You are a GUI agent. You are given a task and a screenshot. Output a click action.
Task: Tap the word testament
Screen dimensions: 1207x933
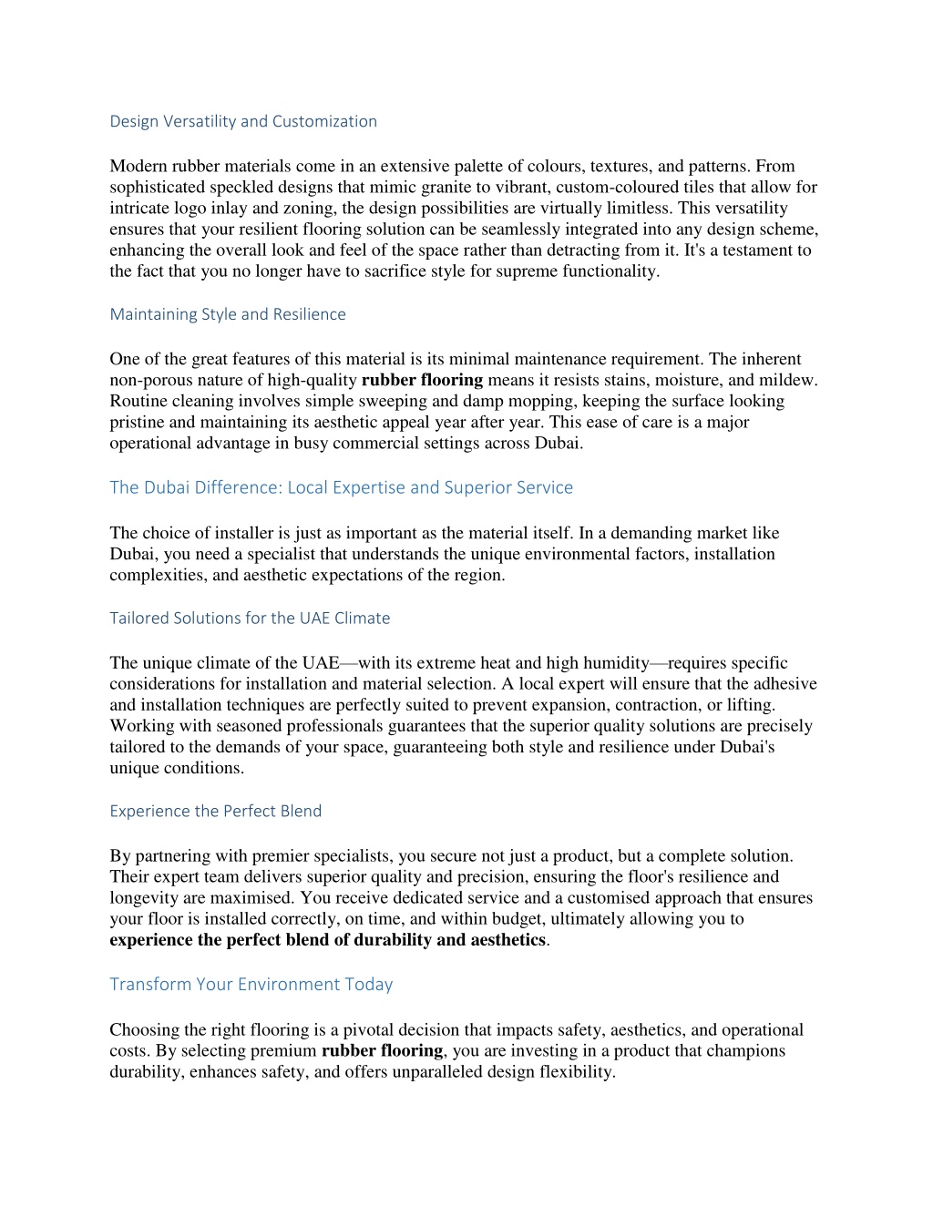point(743,251)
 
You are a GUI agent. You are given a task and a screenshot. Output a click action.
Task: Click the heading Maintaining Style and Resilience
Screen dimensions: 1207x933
point(228,314)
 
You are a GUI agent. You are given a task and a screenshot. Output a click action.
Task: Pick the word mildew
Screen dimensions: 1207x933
point(789,381)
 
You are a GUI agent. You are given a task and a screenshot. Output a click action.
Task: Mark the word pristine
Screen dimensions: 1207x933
point(138,423)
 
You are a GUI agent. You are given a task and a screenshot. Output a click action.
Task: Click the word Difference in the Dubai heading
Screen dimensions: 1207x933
point(239,487)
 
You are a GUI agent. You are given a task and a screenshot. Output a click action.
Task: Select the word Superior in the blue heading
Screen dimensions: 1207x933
point(477,487)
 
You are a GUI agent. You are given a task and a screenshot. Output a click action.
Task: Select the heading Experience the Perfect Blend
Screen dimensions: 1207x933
point(216,811)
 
